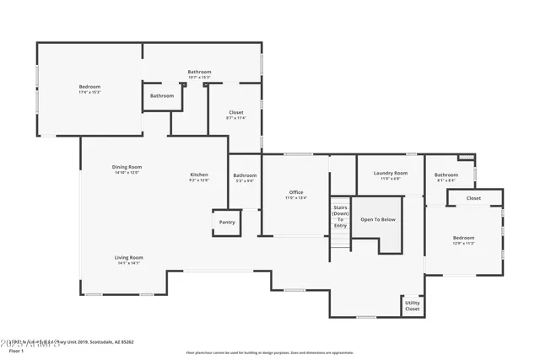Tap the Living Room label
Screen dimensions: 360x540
click(x=129, y=257)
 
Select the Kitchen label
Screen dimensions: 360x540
click(x=198, y=175)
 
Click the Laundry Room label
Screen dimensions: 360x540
click(x=390, y=173)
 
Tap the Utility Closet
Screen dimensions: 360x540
click(x=412, y=306)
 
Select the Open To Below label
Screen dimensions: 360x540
click(x=377, y=219)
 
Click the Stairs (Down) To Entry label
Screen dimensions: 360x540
click(x=340, y=216)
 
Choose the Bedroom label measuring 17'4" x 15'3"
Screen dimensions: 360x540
click(x=89, y=86)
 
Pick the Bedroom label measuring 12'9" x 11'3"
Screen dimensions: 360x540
click(x=463, y=238)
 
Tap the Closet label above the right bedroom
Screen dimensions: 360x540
click(x=473, y=198)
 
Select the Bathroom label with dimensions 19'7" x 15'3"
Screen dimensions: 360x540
click(x=199, y=72)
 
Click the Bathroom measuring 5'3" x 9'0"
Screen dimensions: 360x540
click(x=245, y=175)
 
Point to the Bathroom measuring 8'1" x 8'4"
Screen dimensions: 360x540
click(x=446, y=175)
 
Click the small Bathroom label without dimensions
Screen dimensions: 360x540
click(x=162, y=95)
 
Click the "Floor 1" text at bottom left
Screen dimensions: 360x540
click(x=15, y=351)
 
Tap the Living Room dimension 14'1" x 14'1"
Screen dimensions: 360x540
click(x=129, y=263)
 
